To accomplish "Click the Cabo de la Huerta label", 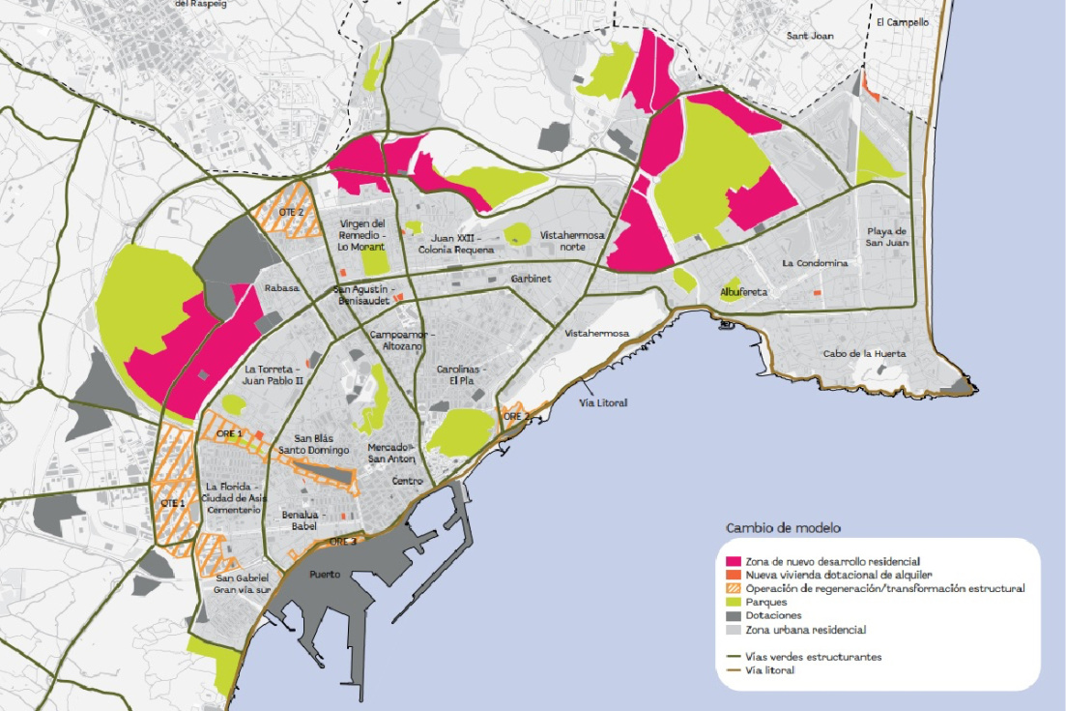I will (864, 354).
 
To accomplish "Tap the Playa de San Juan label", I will (885, 236).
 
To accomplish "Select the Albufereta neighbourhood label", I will (743, 292).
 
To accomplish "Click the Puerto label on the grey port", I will (324, 575).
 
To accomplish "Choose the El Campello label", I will (902, 21).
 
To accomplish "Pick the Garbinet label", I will (530, 278).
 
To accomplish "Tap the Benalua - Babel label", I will (299, 520).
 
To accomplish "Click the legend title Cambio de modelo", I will (782, 528).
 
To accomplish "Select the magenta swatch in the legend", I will (734, 561).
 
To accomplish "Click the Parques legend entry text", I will (765, 602).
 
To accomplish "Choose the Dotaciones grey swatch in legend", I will (734, 615).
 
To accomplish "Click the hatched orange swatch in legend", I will (734, 588).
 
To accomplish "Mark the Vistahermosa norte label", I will (572, 241).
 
